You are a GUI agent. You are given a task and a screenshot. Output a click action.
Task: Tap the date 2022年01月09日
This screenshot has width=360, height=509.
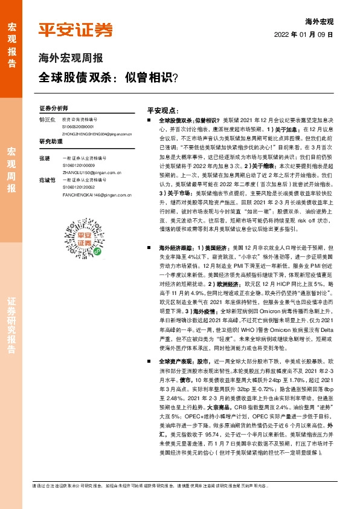(307, 34)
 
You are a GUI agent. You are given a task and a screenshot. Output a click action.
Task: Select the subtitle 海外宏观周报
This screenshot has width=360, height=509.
(70, 59)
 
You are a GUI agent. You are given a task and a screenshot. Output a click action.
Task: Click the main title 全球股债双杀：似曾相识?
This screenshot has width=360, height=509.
(108, 78)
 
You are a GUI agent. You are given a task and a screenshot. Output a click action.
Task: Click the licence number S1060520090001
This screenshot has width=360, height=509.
(77, 127)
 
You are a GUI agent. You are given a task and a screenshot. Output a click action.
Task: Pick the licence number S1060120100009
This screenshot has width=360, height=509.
(77, 164)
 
